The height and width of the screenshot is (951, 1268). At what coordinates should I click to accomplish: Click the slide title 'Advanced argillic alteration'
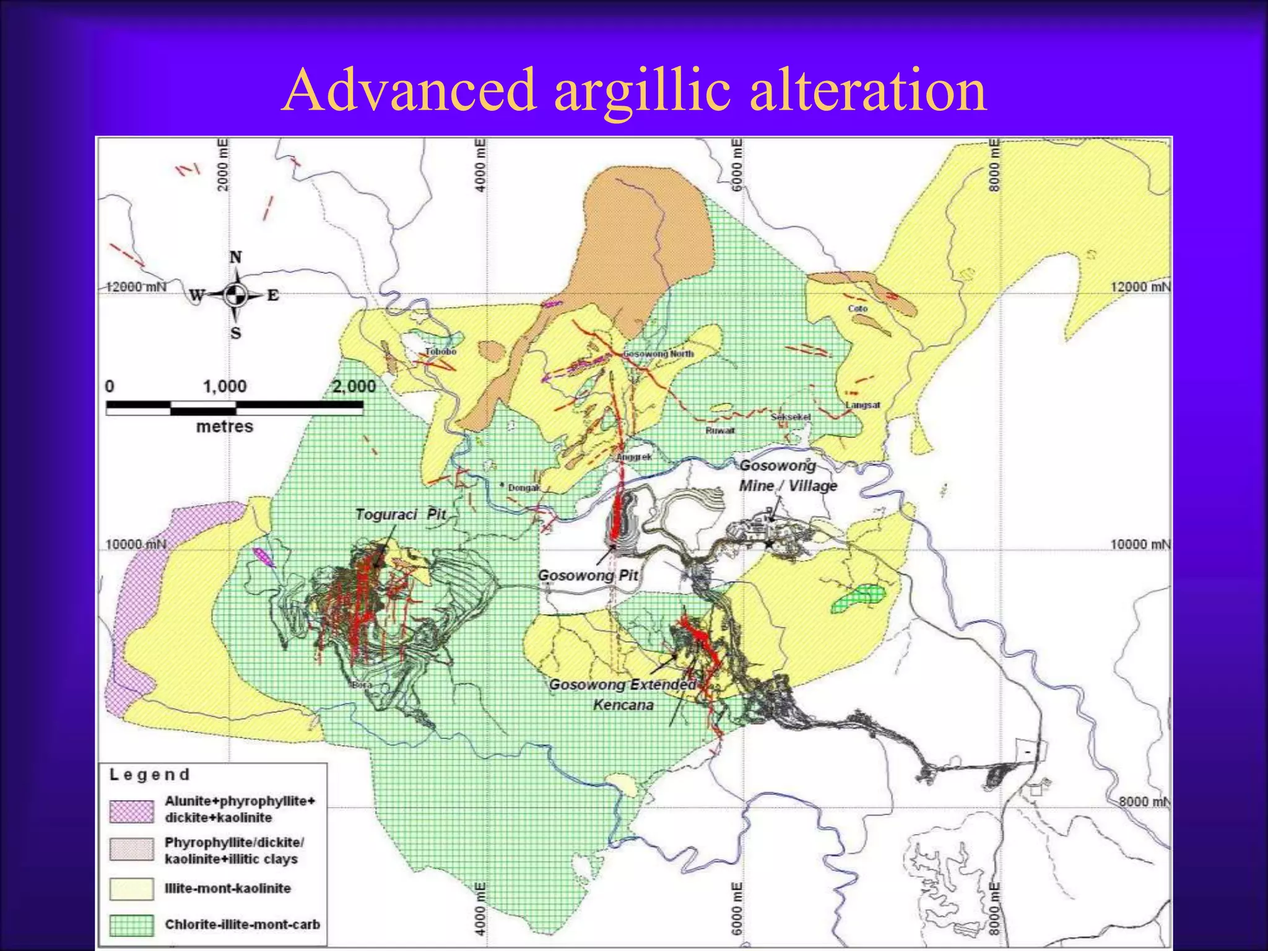pos(634,90)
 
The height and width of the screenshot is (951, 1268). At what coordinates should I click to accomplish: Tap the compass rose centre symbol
pos(235,295)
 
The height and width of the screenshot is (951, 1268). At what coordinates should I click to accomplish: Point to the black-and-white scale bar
pos(234,407)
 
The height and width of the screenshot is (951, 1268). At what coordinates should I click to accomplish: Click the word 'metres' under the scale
pos(224,427)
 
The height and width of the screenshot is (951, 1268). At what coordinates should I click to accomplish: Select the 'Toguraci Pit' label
pos(400,515)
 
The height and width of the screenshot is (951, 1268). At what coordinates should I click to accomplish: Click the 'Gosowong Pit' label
pos(588,575)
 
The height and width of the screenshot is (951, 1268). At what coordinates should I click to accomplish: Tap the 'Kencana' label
pos(623,705)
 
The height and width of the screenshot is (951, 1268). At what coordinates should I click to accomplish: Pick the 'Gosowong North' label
pos(658,354)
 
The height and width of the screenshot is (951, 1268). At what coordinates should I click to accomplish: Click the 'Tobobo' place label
pos(440,352)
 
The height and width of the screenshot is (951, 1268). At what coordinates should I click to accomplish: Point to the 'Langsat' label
pos(863,405)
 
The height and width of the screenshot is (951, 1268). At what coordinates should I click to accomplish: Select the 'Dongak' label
pos(524,488)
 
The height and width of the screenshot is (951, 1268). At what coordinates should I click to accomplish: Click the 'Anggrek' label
pos(634,457)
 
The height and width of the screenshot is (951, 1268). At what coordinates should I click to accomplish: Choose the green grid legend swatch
pos(131,925)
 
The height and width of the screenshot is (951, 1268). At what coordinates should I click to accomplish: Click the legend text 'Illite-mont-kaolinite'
pos(227,888)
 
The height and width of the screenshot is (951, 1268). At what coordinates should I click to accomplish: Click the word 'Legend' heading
pos(149,775)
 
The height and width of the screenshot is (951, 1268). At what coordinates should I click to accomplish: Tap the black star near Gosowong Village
pos(768,544)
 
